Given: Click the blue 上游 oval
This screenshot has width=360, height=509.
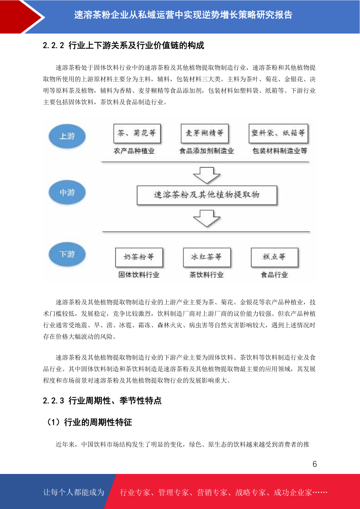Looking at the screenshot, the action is [67, 136].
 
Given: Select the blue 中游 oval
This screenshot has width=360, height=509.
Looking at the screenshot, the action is [67, 192].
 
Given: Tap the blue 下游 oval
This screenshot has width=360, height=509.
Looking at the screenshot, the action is [67, 254].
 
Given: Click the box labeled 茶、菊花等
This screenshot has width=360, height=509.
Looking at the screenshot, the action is [137, 133].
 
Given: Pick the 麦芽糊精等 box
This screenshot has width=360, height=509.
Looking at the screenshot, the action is [205, 133].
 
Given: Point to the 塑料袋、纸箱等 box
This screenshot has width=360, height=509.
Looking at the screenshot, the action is [278, 133].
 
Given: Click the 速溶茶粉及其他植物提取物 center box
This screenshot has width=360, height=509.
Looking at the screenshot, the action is [207, 195].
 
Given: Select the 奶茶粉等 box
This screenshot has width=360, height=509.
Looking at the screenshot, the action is [139, 257].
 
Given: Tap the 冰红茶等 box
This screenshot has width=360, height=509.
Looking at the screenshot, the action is [207, 257].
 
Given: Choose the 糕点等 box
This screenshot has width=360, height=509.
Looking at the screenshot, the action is [274, 257].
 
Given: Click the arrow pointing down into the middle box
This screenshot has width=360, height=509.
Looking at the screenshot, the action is [206, 175].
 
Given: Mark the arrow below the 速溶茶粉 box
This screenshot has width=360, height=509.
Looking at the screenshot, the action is [206, 218].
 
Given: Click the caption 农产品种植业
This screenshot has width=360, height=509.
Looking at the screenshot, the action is [134, 151].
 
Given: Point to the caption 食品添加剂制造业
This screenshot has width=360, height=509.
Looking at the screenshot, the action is [206, 151].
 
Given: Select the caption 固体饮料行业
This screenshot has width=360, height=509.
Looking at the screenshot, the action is [139, 275].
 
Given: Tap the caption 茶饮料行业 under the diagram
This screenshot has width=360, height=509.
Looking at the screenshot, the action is [206, 275].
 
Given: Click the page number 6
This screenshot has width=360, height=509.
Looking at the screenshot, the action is [315, 464].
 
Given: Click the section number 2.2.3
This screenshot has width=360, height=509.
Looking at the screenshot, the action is [54, 400].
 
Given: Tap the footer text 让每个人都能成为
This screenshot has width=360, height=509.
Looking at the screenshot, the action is [74, 492].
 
